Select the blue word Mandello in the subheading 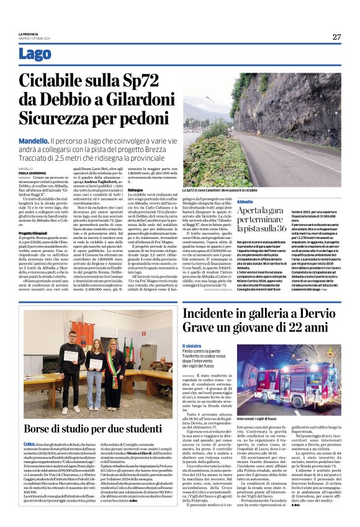point(34,142)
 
